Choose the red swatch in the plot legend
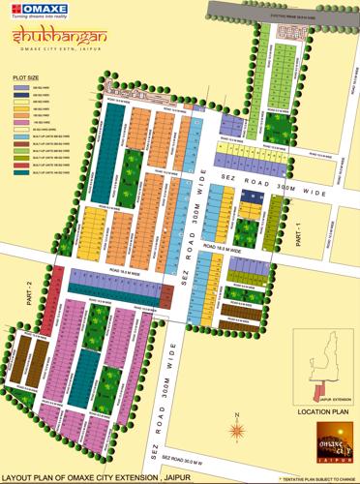[x=22, y=164]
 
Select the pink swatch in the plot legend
[x=22, y=123]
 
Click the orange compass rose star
[x=235, y=427]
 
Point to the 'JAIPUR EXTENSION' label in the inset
[x=335, y=398]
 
